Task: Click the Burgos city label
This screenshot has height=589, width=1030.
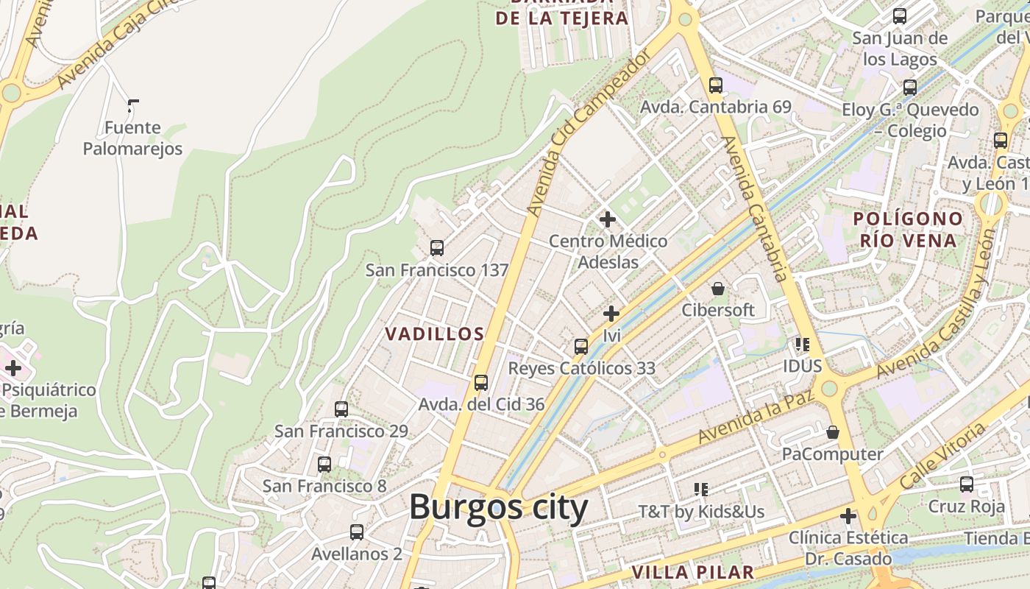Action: pyautogui.click(x=499, y=507)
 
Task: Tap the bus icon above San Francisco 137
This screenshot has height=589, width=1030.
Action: pyautogui.click(x=437, y=248)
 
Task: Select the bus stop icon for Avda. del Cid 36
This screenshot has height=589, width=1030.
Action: pyautogui.click(x=481, y=383)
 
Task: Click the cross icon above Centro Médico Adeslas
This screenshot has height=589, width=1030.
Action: pyautogui.click(x=608, y=219)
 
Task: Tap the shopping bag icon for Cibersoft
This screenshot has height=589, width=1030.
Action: pyautogui.click(x=718, y=289)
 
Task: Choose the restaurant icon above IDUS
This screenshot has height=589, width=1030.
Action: pyautogui.click(x=802, y=344)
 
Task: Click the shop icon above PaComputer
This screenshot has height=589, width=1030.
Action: pyautogui.click(x=833, y=432)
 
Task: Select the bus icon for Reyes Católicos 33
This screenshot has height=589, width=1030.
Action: pyautogui.click(x=581, y=346)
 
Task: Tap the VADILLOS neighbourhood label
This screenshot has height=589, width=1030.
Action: pyautogui.click(x=435, y=334)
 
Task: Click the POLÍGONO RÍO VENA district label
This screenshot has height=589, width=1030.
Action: pyautogui.click(x=908, y=229)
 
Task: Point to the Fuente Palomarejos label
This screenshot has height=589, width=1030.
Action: pyautogui.click(x=132, y=138)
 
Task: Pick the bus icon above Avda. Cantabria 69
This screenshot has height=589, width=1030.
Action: pyautogui.click(x=716, y=85)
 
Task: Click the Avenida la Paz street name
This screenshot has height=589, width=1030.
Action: pyautogui.click(x=756, y=417)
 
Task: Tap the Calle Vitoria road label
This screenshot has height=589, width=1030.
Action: pyautogui.click(x=942, y=456)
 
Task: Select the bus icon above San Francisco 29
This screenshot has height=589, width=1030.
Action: pyautogui.click(x=341, y=409)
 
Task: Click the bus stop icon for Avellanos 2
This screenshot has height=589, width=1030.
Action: pyautogui.click(x=357, y=532)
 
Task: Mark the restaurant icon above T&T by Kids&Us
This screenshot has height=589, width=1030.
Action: pyautogui.click(x=700, y=489)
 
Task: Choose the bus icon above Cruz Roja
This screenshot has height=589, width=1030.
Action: pyautogui.click(x=967, y=484)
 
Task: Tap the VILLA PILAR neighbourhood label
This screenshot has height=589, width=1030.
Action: pyautogui.click(x=693, y=572)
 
